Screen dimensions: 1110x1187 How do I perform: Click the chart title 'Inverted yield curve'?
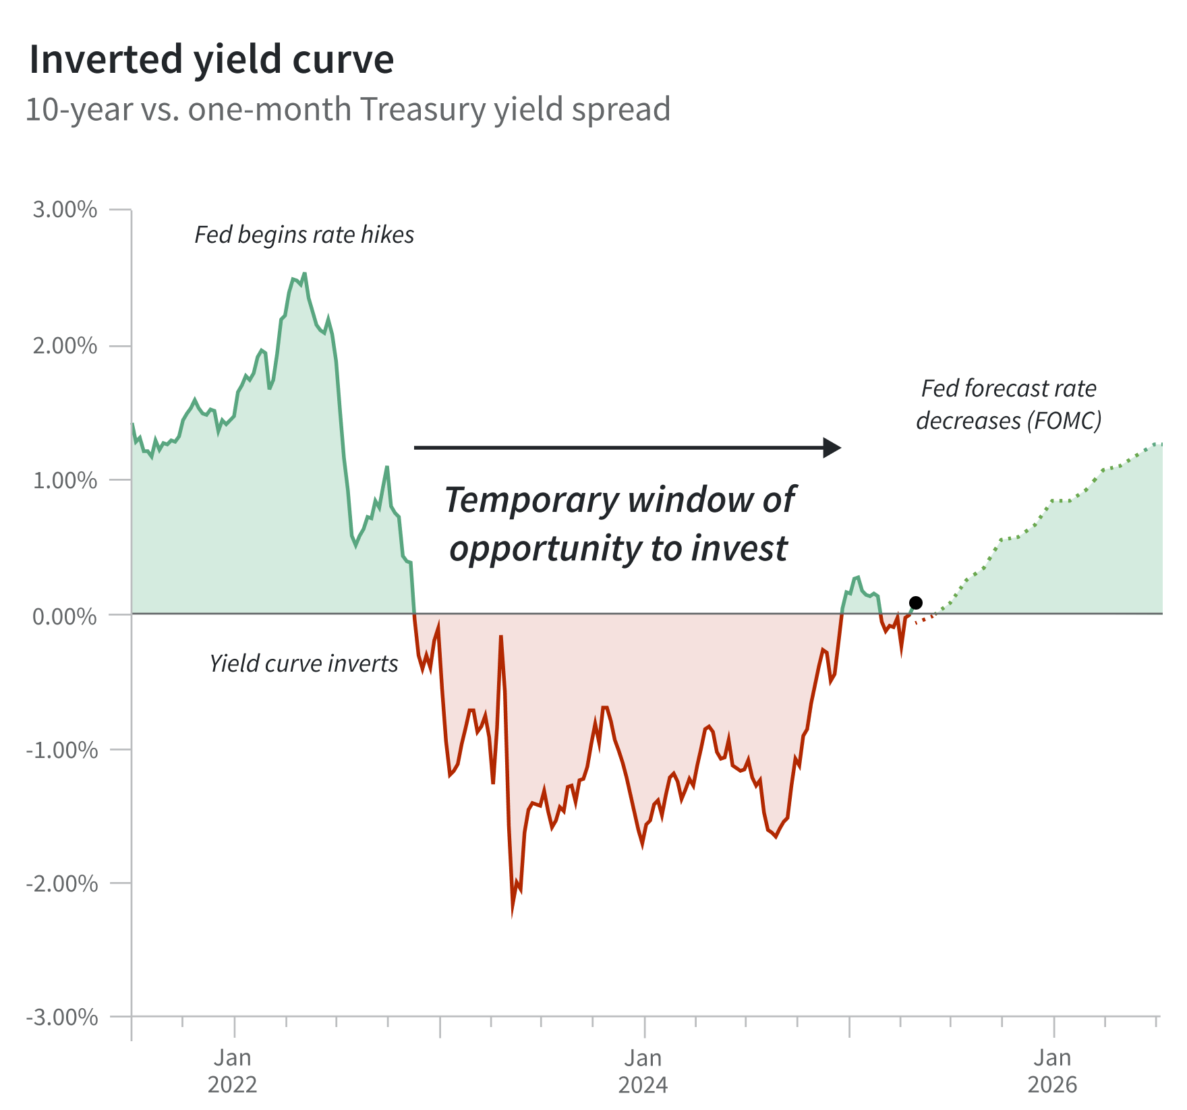tap(211, 59)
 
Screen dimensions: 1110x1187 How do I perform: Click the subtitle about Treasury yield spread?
tap(347, 109)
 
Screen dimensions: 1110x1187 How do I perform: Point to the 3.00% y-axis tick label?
tap(65, 210)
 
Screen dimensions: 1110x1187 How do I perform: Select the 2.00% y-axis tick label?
tap(65, 346)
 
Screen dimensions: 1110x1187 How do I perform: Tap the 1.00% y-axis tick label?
tap(65, 480)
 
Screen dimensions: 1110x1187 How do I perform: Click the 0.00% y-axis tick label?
tap(65, 616)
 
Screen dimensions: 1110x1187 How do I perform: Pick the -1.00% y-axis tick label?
tap(62, 750)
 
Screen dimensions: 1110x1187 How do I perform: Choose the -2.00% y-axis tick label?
tap(62, 883)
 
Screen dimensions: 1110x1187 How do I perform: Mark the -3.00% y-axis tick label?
tap(62, 1017)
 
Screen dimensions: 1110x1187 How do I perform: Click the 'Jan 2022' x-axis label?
tap(233, 1071)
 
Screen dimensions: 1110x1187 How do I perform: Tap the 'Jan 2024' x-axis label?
tap(643, 1071)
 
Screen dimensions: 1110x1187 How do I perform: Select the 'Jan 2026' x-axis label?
tap(1052, 1071)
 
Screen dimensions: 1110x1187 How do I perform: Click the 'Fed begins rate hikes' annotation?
tap(304, 235)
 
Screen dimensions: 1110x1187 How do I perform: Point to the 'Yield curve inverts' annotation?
tap(303, 664)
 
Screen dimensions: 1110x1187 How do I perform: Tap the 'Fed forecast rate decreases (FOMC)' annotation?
tap(1008, 405)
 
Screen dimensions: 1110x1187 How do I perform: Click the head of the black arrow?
tap(833, 447)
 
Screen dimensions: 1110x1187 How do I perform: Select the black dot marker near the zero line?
tap(916, 603)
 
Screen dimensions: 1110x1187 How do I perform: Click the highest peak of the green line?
tap(305, 274)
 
